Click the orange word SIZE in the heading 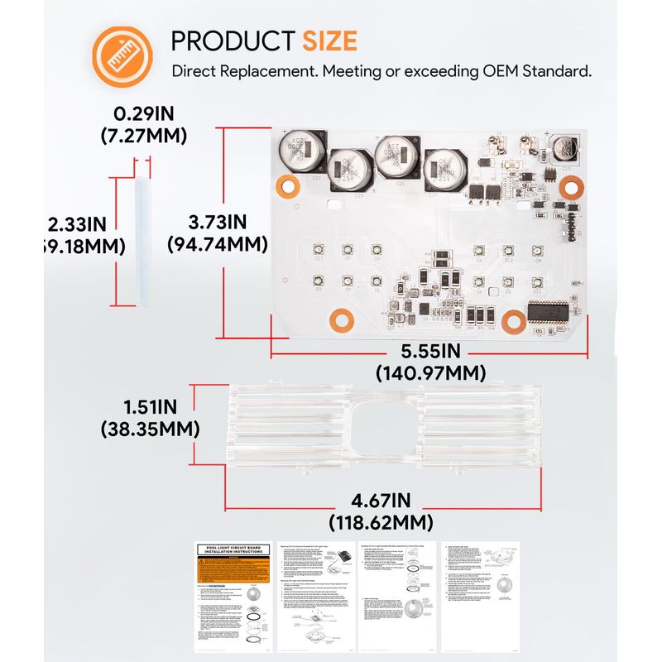[x=329, y=41]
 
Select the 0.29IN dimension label [x=144, y=113]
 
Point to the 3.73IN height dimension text [x=218, y=222]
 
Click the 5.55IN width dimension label [x=430, y=351]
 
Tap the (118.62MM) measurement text [x=381, y=522]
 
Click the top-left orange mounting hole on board [x=288, y=187]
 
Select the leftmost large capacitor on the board [x=299, y=152]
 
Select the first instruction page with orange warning [x=235, y=595]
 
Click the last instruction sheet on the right [x=479, y=595]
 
